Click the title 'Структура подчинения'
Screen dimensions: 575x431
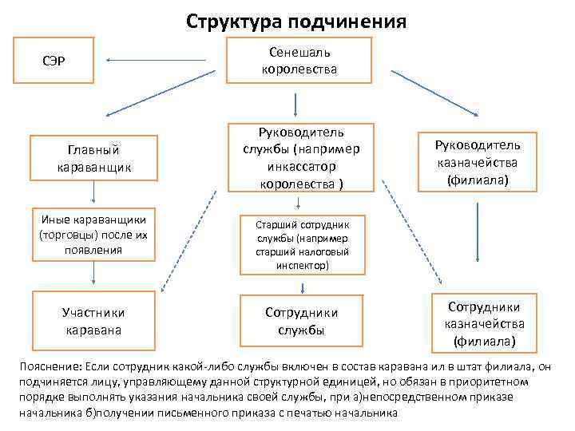click(x=296, y=20)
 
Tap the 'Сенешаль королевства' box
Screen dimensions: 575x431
click(x=299, y=61)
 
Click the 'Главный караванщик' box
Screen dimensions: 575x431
click(x=94, y=158)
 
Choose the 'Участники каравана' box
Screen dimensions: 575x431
click(x=94, y=320)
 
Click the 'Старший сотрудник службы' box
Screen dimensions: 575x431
click(x=298, y=243)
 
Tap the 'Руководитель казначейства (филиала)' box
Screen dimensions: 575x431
click(x=477, y=163)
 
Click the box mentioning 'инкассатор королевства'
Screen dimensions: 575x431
click(x=297, y=157)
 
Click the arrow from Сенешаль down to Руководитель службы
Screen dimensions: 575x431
click(x=297, y=105)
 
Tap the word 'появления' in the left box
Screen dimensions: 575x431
click(x=94, y=249)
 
